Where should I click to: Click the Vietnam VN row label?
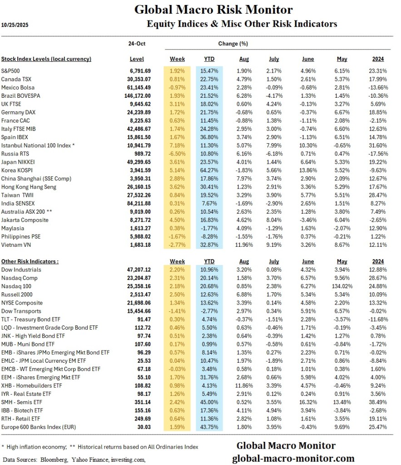pyautogui.click(x=18, y=245)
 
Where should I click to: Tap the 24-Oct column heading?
pyautogui.click(x=137, y=44)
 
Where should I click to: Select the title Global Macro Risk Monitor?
pyautogui.click(x=213, y=10)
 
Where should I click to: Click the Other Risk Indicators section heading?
pyautogui.click(x=30, y=261)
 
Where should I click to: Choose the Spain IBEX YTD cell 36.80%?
pyautogui.click(x=210, y=137)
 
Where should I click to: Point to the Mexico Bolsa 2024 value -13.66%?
pyautogui.click(x=375, y=87)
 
